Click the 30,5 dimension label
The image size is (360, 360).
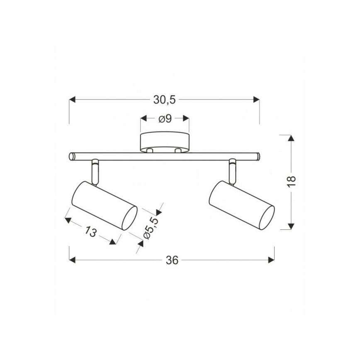tap(165, 100)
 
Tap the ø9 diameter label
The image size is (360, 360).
tap(165, 119)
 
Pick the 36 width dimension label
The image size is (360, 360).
tap(171, 260)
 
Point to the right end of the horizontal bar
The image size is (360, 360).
tap(258, 156)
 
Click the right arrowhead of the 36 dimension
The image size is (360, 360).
tap(271, 260)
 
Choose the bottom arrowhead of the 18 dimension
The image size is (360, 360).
tap(291, 226)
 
